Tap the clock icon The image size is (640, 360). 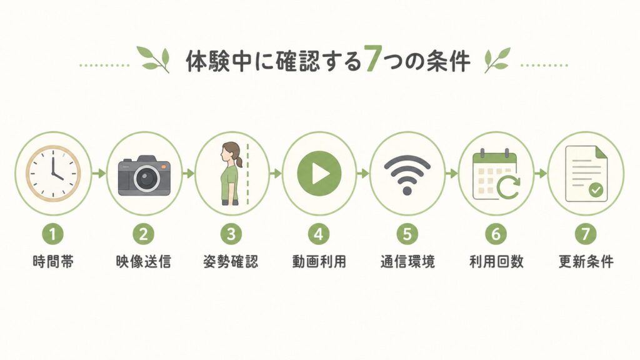click(x=53, y=174)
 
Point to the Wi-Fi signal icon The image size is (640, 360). click(x=407, y=175)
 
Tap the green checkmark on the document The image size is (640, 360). click(x=596, y=190)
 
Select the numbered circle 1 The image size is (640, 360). click(x=53, y=234)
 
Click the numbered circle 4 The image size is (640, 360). click(x=319, y=234)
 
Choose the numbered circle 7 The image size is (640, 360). click(x=585, y=234)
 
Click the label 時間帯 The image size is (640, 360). click(x=54, y=262)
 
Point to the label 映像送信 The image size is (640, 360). click(x=143, y=262)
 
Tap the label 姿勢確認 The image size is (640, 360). click(x=231, y=262)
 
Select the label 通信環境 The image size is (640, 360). click(x=407, y=262)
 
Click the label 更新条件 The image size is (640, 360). click(x=586, y=262)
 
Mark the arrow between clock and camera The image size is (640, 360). click(x=99, y=174)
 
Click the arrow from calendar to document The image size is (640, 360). click(x=541, y=174)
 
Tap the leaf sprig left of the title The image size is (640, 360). click(x=154, y=59)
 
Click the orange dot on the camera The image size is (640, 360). click(x=164, y=167)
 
